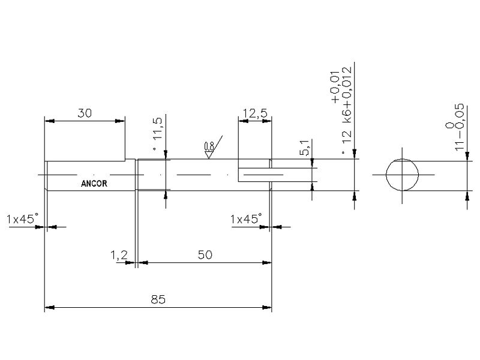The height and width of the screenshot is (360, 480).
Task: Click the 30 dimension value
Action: (x=85, y=113)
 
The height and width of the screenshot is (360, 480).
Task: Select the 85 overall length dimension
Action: (x=158, y=299)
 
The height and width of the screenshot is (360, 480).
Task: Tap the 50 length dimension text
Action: (x=205, y=254)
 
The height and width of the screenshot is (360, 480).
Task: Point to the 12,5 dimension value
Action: (x=255, y=113)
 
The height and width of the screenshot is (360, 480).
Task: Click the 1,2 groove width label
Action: (x=119, y=255)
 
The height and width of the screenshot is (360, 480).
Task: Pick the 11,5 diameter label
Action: (x=158, y=129)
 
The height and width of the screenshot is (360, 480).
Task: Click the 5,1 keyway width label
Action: (x=304, y=148)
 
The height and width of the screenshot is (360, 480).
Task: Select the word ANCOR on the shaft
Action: (x=94, y=184)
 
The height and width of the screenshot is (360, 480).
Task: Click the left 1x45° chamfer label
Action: (x=23, y=219)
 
